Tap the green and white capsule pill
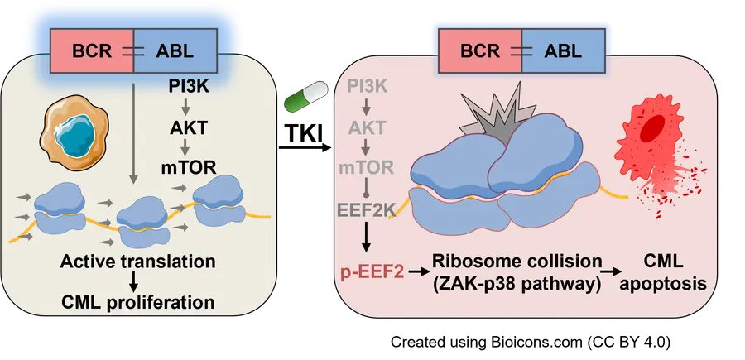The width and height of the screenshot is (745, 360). point(301,97)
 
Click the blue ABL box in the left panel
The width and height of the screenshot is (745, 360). point(175,51)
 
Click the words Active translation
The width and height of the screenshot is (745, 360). point(138,262)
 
